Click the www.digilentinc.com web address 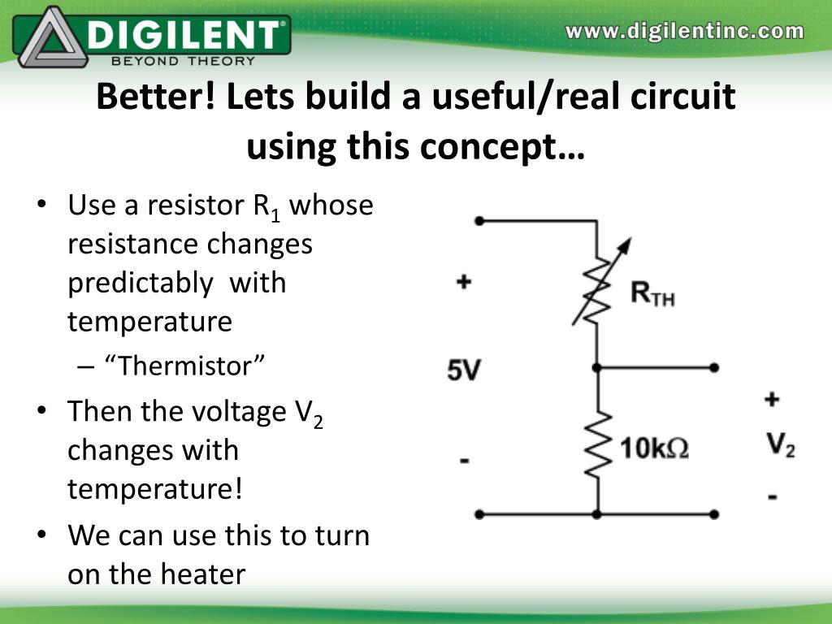click(685, 32)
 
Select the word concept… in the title click(505, 146)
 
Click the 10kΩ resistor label click(654, 448)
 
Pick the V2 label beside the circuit click(781, 444)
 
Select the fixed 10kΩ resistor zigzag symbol click(598, 445)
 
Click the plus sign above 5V click(463, 283)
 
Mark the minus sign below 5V click(464, 461)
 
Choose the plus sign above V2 click(772, 399)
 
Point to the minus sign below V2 click(772, 496)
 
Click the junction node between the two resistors click(597, 367)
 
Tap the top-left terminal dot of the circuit click(479, 220)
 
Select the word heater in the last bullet click(203, 574)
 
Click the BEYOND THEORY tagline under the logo click(183, 59)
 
